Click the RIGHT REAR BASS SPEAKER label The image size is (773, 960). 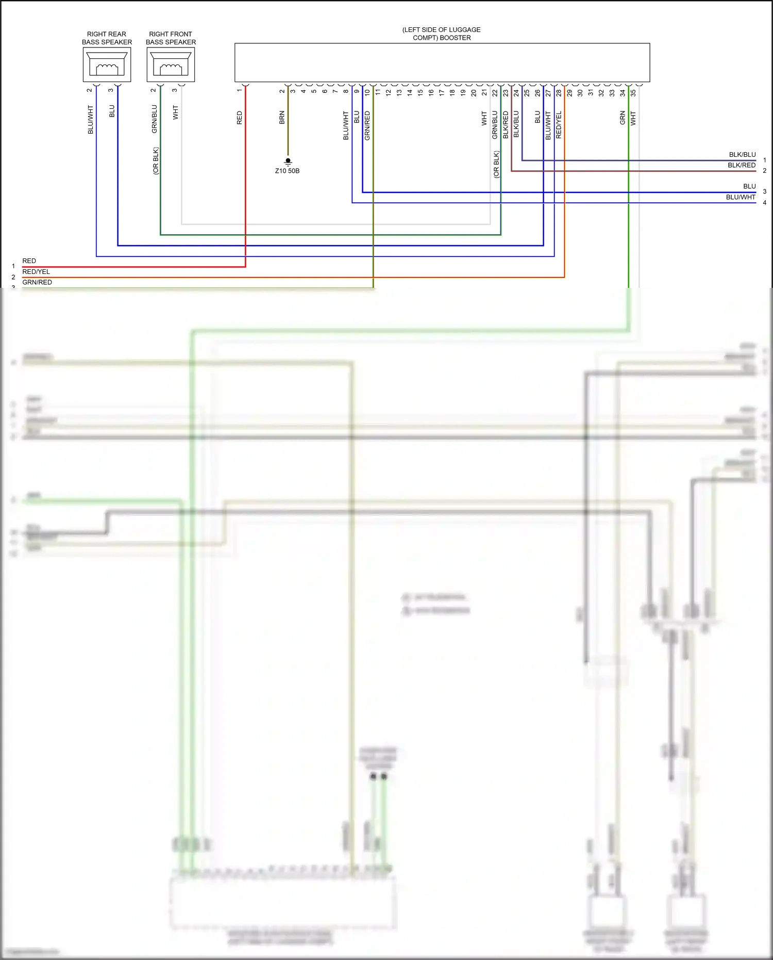[107, 38]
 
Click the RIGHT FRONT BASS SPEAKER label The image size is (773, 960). [171, 38]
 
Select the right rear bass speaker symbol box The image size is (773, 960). [107, 64]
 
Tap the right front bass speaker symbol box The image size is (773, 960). [171, 64]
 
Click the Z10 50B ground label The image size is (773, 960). [287, 171]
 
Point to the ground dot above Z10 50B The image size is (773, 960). [288, 161]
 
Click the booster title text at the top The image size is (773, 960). [442, 34]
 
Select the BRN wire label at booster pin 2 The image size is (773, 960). [282, 118]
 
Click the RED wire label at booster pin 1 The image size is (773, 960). [239, 118]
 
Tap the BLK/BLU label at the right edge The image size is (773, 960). [742, 155]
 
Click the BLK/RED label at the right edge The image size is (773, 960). [742, 165]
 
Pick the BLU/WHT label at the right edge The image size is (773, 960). [741, 197]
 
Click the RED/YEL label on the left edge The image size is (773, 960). [36, 271]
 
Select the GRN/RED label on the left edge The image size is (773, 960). [37, 282]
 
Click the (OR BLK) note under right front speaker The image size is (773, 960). [156, 161]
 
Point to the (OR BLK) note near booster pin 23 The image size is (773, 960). [496, 164]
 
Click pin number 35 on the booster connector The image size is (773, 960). [633, 93]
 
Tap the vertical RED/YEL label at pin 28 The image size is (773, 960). [559, 125]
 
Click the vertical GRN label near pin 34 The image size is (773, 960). [623, 118]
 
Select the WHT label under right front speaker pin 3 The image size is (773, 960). [175, 112]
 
